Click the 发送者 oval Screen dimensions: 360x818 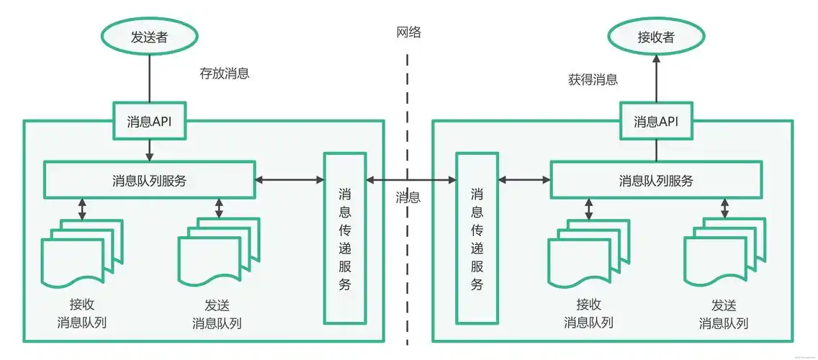coord(149,37)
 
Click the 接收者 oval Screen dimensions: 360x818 coord(656,37)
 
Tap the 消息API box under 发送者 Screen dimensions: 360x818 coord(149,121)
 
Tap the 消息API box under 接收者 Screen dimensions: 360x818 coord(656,121)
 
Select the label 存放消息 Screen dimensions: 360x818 coord(225,73)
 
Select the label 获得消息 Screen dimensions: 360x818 coord(593,80)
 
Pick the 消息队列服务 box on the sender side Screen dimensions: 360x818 coord(149,180)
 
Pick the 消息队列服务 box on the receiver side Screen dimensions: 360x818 coord(656,180)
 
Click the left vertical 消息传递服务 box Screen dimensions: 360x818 coord(345,238)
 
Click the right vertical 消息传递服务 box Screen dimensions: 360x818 coord(476,238)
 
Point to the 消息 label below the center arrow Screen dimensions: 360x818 coord(408,197)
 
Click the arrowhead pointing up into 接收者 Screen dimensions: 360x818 coord(656,63)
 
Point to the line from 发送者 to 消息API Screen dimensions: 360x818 coord(149,79)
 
